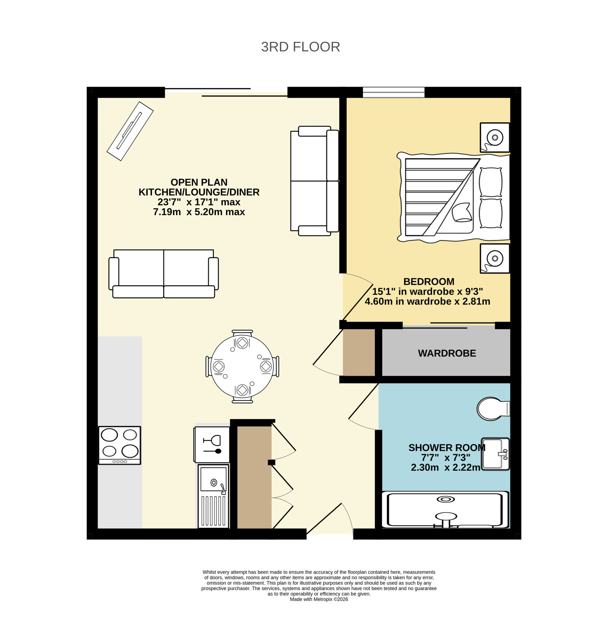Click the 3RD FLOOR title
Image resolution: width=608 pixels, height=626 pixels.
(x=300, y=47)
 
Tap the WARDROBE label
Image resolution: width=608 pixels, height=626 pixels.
(x=447, y=353)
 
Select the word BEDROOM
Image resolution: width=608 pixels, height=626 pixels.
(x=429, y=282)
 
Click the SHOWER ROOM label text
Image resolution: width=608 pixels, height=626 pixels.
(x=447, y=448)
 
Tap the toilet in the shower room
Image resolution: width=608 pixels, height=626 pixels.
(x=493, y=409)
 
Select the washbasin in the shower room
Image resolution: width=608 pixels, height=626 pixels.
(x=495, y=454)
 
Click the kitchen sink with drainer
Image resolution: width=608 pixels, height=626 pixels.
(x=213, y=496)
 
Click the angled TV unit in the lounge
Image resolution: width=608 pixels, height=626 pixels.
(x=130, y=131)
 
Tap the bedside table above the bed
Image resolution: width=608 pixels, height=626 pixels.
(x=494, y=138)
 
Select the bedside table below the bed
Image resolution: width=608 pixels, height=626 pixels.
(x=494, y=258)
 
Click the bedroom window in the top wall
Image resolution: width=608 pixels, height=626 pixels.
(x=394, y=92)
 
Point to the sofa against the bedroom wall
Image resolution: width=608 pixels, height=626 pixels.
(x=314, y=181)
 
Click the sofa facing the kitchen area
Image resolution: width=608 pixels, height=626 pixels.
(x=164, y=274)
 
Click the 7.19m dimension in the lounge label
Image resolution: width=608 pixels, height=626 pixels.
(x=167, y=212)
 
